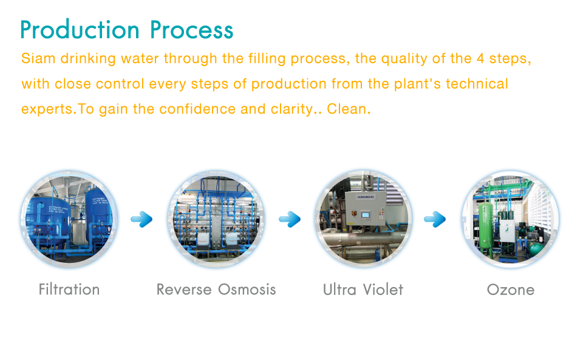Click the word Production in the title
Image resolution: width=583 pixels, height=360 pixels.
[x=80, y=30]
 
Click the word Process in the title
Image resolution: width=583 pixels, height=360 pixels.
[x=192, y=30]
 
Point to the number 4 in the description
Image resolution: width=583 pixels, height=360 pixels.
[x=480, y=58]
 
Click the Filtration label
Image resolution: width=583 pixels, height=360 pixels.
[x=69, y=290]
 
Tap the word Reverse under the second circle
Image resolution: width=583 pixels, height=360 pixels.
[x=184, y=290]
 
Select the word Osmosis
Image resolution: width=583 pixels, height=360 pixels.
[x=247, y=290]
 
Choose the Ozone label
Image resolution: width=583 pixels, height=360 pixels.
[x=511, y=290]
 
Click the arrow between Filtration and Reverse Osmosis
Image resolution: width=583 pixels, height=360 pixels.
[x=141, y=219]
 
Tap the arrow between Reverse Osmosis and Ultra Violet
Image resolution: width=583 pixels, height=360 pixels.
[x=290, y=219]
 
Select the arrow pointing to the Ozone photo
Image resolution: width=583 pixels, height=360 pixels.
[x=435, y=219]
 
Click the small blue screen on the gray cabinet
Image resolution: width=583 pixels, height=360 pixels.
[x=366, y=215]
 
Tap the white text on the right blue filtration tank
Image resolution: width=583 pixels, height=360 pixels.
[x=100, y=200]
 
